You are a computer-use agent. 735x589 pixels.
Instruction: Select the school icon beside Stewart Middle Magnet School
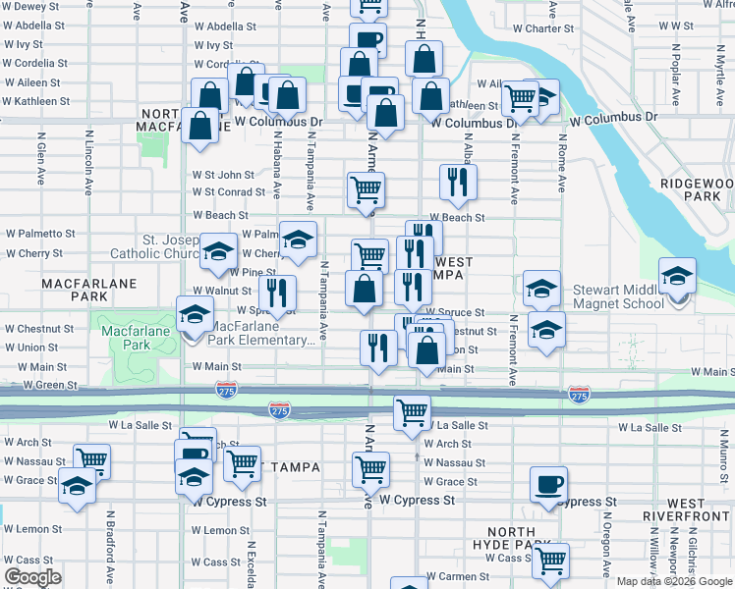pos(676,277)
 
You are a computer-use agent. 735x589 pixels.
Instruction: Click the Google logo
pos(32,577)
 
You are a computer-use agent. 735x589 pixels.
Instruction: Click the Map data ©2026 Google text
pos(675,581)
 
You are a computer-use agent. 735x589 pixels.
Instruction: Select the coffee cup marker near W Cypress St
pos(548,485)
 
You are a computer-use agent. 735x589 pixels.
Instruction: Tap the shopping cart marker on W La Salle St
pos(413,412)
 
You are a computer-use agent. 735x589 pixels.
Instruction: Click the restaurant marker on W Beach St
pos(457,182)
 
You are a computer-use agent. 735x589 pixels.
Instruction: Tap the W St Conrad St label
pos(228,192)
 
